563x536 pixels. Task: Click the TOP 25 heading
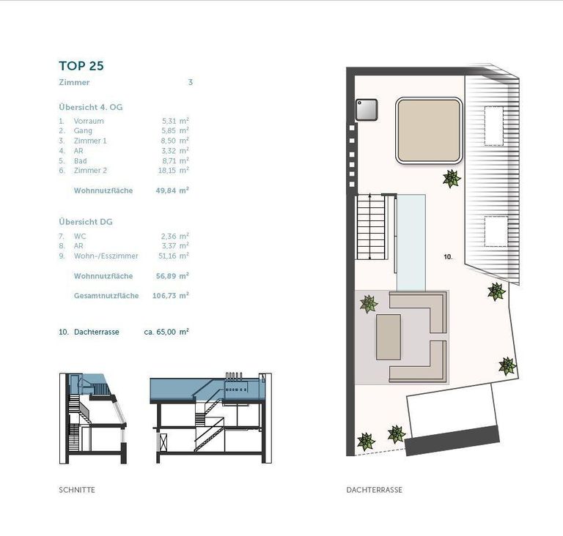pos(81,66)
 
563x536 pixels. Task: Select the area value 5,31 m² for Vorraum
pos(175,121)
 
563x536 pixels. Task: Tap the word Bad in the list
pos(81,161)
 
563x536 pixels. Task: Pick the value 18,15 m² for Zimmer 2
pos(174,171)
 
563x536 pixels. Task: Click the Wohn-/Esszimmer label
pos(106,256)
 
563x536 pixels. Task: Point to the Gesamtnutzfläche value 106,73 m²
pos(171,296)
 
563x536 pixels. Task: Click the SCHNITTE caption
pos(77,490)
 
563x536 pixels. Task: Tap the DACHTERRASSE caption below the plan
pos(374,490)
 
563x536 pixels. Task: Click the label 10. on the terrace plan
pos(448,257)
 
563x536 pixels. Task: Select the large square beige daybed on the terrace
pos(429,130)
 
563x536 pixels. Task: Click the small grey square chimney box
pos(367,110)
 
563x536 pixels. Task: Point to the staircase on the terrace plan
pos(371,227)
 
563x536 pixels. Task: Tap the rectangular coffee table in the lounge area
pos(389,337)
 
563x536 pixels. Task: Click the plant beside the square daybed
pos(452,179)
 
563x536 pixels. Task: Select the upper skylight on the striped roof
pos(493,125)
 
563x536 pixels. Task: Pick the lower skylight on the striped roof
pos(496,231)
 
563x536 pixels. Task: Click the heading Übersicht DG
pos(86,222)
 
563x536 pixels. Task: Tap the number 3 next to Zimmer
pos(191,82)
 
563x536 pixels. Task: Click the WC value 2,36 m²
pos(175,236)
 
